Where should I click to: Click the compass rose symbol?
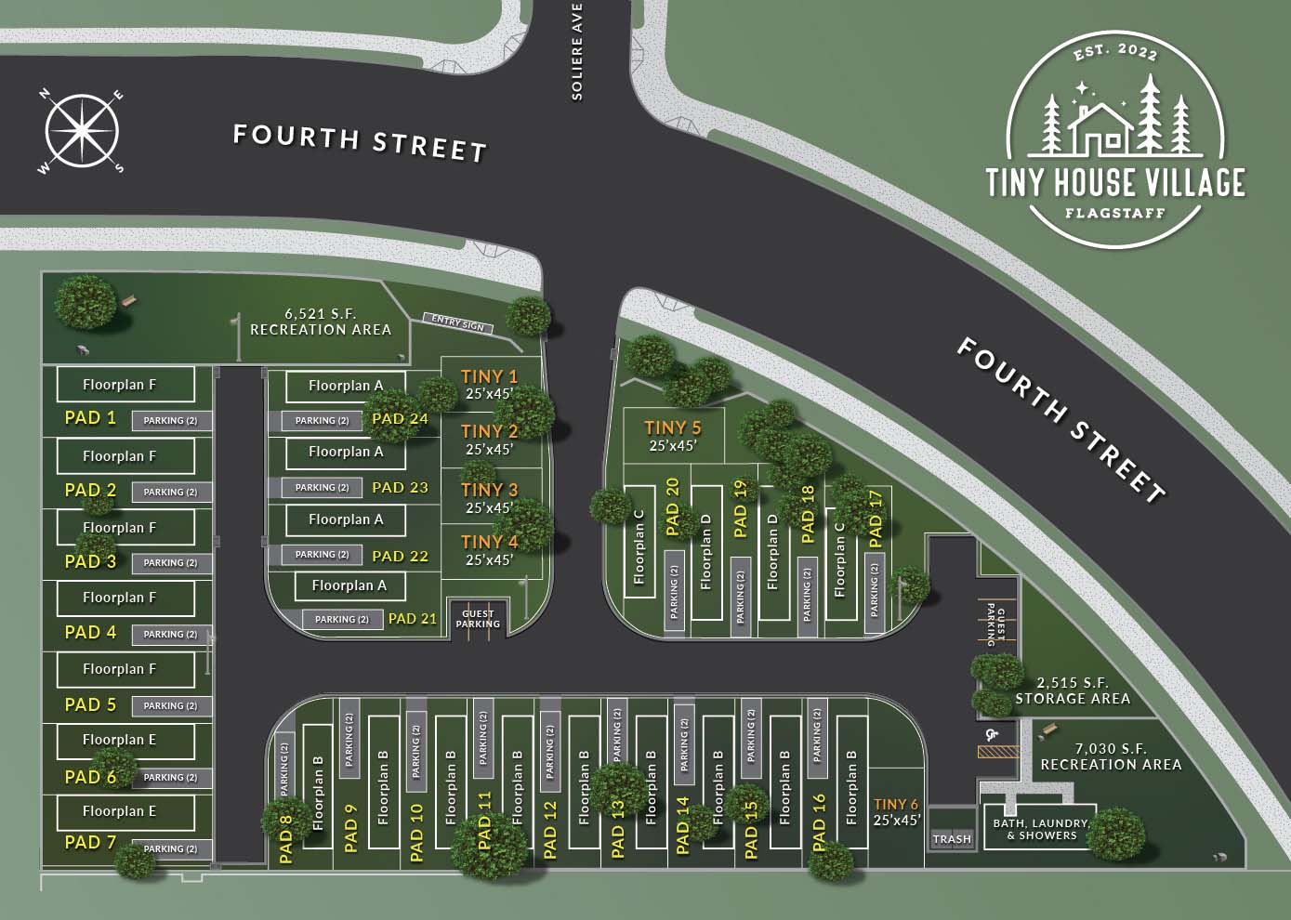82,132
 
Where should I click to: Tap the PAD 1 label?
90,418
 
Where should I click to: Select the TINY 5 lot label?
672,436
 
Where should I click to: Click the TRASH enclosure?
952,839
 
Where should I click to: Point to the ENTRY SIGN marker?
458,323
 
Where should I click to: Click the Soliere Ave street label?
577,51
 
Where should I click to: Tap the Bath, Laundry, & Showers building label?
1040,829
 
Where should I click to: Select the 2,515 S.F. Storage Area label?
1072,690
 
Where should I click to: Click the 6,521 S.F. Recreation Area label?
321,322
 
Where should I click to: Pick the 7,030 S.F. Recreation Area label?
1111,756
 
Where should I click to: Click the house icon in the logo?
1102,127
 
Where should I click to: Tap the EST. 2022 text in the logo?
1115,52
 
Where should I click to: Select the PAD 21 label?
412,618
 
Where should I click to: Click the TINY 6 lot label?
896,811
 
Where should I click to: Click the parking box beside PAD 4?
170,634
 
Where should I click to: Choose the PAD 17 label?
875,514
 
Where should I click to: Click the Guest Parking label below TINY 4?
478,619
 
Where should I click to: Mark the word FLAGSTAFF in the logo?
1114,213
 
